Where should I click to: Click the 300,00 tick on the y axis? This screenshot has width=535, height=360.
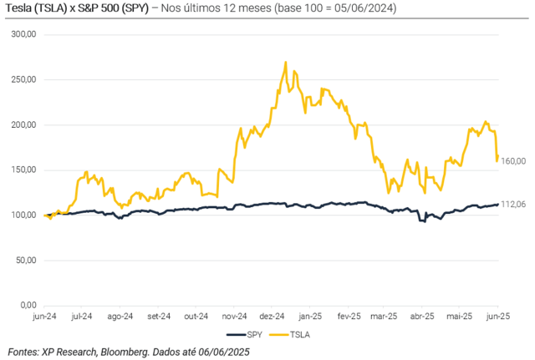pyautogui.click(x=22, y=35)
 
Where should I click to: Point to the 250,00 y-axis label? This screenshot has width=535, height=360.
pyautogui.click(x=22, y=80)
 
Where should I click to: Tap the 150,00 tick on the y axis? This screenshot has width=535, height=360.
pyautogui.click(x=22, y=170)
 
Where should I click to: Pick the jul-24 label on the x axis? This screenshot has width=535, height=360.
pyautogui.click(x=82, y=317)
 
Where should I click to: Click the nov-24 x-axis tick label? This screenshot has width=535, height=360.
pyautogui.click(x=234, y=317)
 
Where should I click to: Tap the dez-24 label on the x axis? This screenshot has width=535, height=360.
pyautogui.click(x=273, y=317)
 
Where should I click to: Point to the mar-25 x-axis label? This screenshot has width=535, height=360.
pyautogui.click(x=385, y=317)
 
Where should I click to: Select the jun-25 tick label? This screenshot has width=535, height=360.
pyautogui.click(x=498, y=317)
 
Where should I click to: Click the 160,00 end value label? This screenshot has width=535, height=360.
pyautogui.click(x=512, y=160)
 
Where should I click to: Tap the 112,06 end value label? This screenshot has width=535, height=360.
pyautogui.click(x=512, y=204)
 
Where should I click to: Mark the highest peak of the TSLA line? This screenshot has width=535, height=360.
pyautogui.click(x=285, y=62)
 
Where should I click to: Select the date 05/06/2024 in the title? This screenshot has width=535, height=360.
pyautogui.click(x=361, y=9)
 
